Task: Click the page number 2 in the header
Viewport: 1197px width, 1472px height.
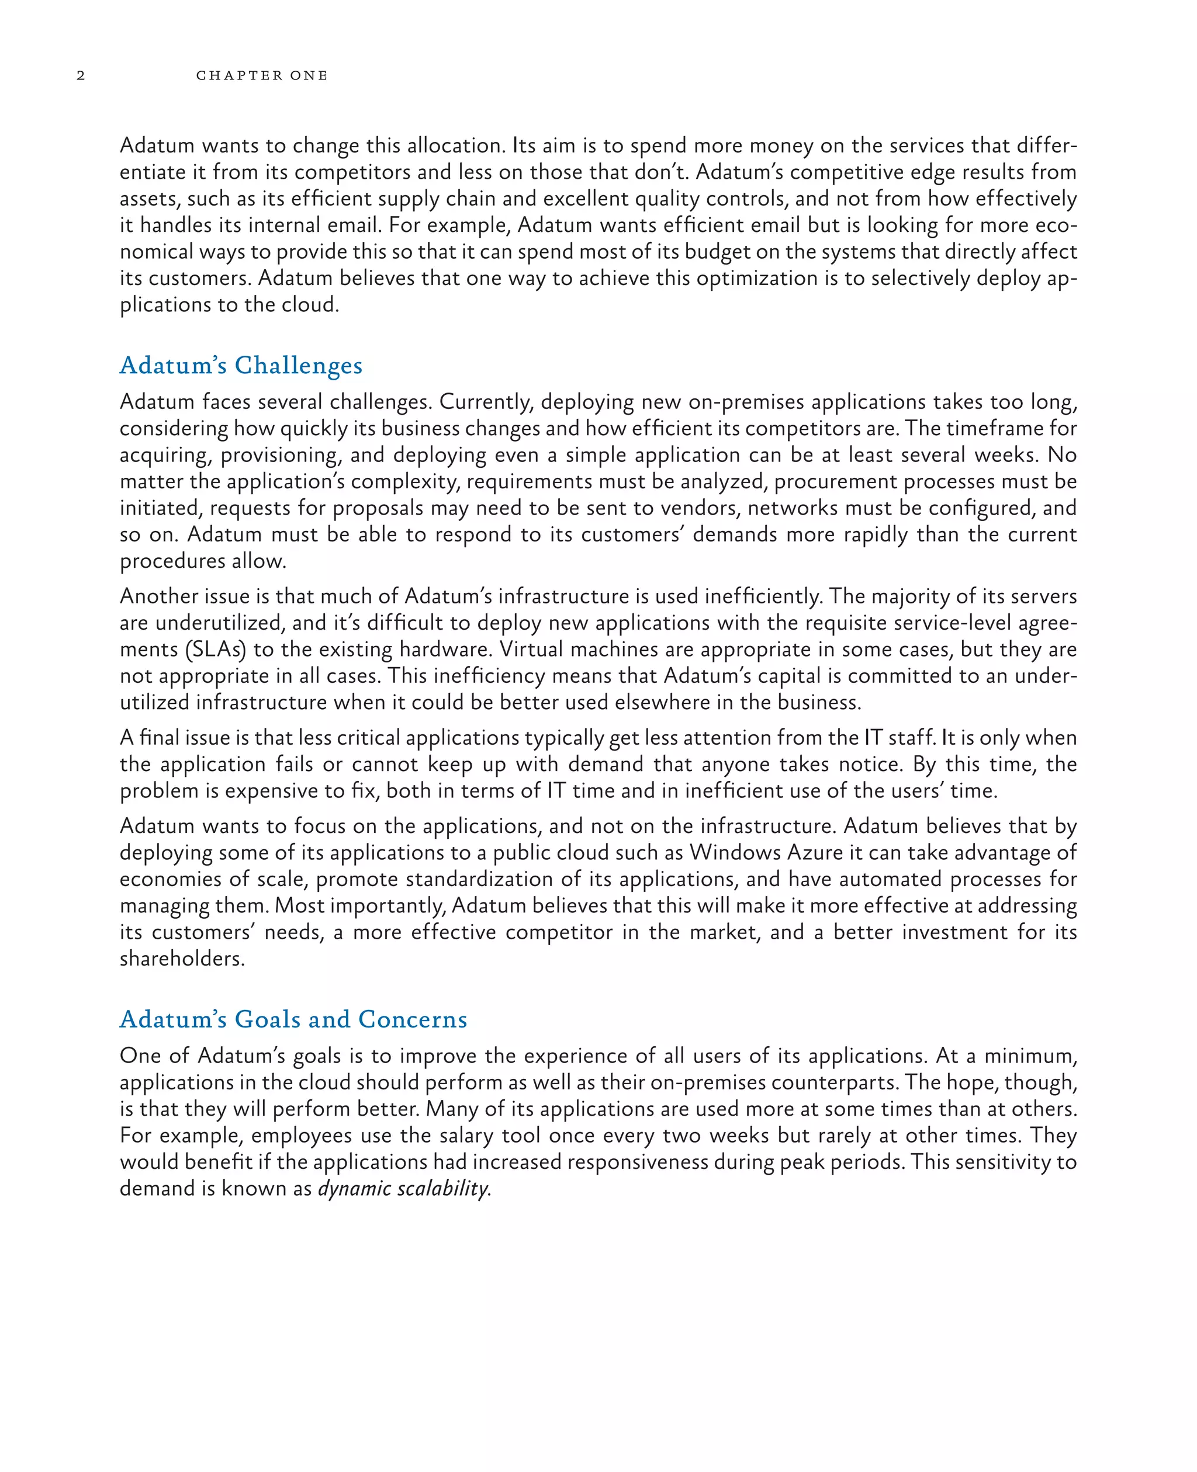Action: (x=81, y=75)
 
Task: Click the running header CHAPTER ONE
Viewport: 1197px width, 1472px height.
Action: (x=261, y=75)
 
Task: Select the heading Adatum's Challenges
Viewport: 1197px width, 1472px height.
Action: (x=241, y=365)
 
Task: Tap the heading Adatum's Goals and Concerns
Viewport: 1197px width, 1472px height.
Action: (x=293, y=1019)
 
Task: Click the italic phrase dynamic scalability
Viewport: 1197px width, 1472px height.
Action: (x=403, y=1188)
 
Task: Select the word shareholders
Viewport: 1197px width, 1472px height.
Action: (x=181, y=959)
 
